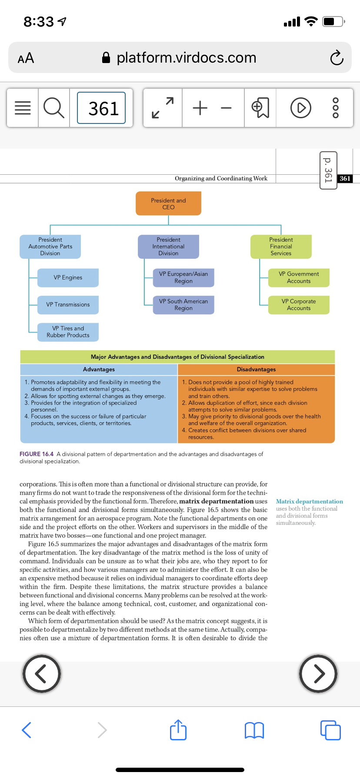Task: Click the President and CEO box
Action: point(168,203)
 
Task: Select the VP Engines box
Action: point(68,277)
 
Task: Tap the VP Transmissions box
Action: point(68,304)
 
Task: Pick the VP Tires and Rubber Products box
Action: point(68,332)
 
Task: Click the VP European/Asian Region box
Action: point(183,277)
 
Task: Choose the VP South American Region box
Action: point(183,304)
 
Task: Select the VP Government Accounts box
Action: point(299,277)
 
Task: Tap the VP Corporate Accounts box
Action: point(299,304)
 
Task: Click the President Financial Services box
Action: point(281,246)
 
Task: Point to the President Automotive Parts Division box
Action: point(50,246)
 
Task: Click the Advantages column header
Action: point(99,369)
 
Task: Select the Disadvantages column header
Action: point(256,369)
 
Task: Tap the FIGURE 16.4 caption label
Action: point(37,454)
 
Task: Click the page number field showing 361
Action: point(101,108)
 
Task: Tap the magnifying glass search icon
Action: point(54,108)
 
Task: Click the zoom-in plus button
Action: point(200,108)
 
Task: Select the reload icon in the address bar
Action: point(337,57)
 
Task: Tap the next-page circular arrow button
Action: point(319,673)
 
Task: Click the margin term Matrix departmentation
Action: point(310,501)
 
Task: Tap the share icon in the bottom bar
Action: point(178,729)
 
